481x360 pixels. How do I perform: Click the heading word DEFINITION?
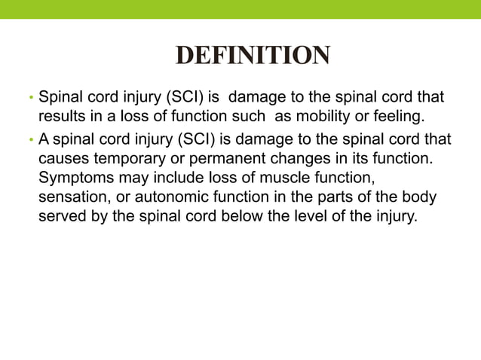click(252, 56)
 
